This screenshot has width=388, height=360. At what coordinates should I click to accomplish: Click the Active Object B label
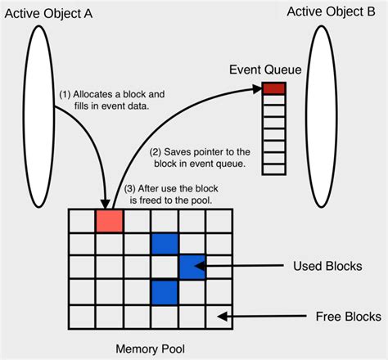[x=337, y=13]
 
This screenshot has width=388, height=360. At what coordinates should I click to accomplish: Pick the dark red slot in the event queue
[x=274, y=88]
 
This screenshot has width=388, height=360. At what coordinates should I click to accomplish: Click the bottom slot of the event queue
[x=274, y=168]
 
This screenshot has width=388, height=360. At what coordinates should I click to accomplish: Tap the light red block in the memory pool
[x=109, y=221]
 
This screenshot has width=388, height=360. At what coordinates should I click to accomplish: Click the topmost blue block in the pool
[x=165, y=243]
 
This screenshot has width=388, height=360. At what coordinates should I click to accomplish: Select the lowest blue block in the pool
[x=165, y=291]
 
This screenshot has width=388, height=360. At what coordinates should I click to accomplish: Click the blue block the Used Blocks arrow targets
[x=192, y=267]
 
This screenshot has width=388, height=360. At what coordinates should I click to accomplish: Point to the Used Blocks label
[x=327, y=267]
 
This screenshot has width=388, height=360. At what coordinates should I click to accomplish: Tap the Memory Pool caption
[x=149, y=349]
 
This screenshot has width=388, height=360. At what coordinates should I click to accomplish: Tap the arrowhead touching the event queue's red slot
[x=256, y=88]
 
